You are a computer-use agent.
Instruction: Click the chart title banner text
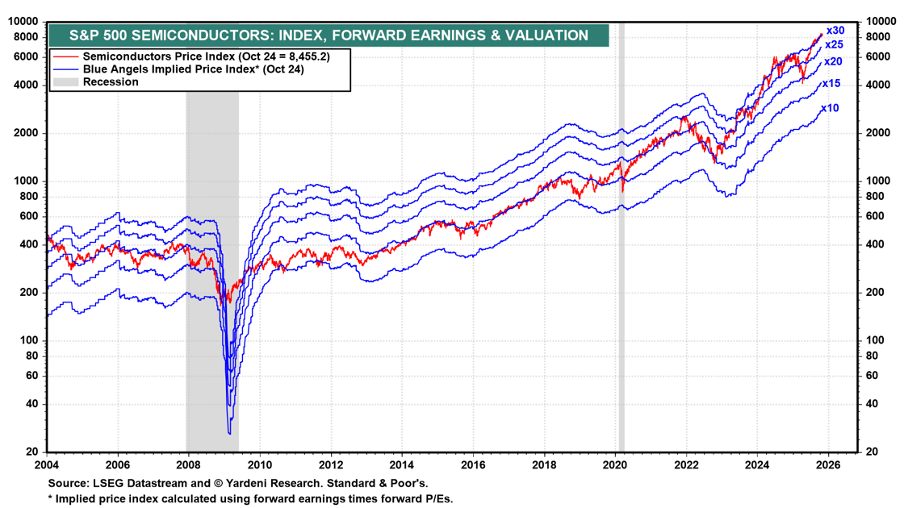click(x=328, y=35)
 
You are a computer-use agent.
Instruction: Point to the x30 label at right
click(x=834, y=30)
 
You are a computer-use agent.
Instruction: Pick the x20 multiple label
click(x=833, y=61)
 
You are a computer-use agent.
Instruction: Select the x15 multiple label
click(x=831, y=84)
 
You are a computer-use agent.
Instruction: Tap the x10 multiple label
click(x=830, y=108)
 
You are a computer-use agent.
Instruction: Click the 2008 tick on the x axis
click(x=188, y=464)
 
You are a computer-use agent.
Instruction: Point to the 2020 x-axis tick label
click(x=614, y=464)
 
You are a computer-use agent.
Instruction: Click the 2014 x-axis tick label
click(x=401, y=464)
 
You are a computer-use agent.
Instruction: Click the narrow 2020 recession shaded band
click(x=621, y=242)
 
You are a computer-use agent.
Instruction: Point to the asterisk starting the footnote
click(x=49, y=498)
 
